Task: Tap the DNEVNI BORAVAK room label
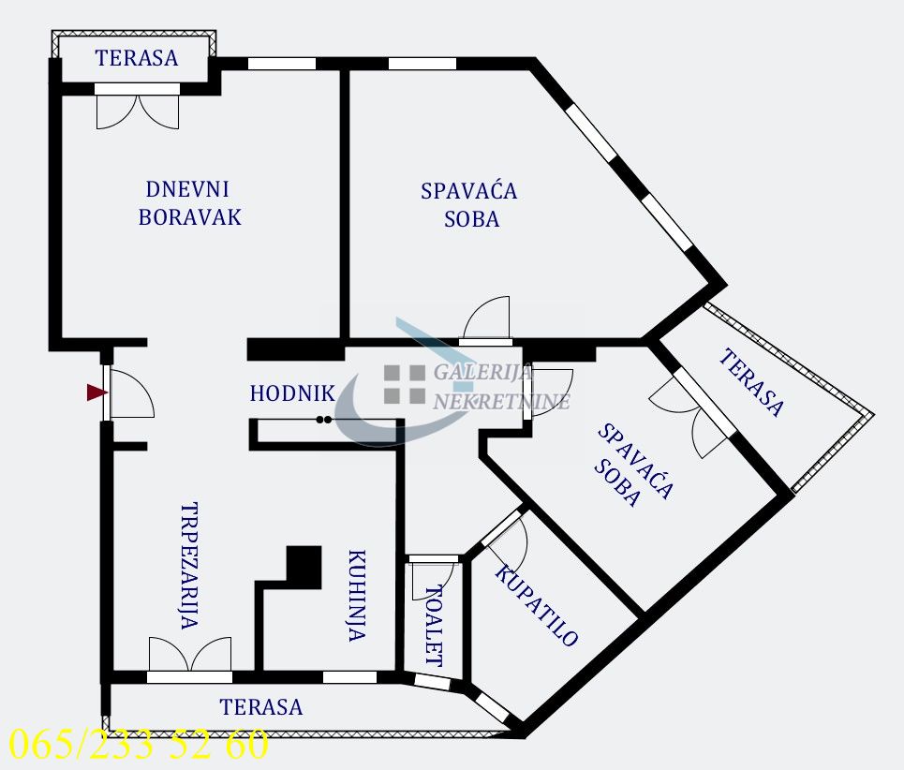pos(189,202)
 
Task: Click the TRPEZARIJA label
pos(189,565)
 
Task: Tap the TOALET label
pos(434,625)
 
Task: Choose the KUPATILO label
pos(536,607)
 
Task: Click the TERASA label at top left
pos(137,58)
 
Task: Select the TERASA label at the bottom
pos(261,707)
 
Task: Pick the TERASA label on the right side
pos(751,382)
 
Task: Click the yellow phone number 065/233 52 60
pos(138,745)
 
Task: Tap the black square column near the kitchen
pos(303,564)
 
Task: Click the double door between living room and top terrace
pos(137,107)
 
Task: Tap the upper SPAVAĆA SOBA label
pos(468,204)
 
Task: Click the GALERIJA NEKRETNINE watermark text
pos(500,387)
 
